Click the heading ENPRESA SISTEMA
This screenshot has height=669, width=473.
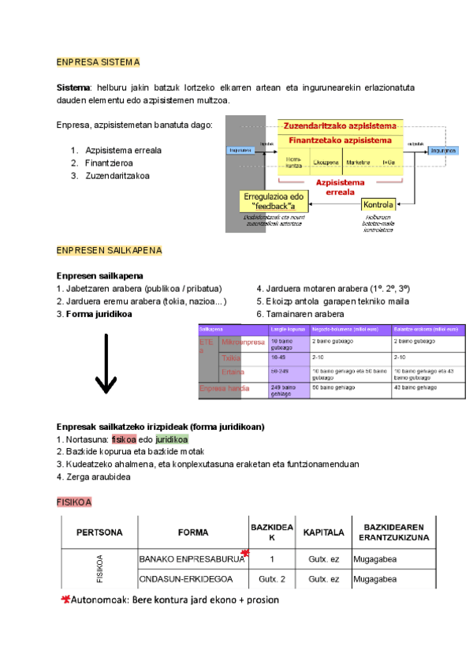(x=98, y=62)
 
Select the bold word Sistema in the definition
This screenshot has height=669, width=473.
(x=73, y=87)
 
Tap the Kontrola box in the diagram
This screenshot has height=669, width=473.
(x=378, y=205)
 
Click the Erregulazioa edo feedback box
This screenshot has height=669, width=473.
(x=274, y=200)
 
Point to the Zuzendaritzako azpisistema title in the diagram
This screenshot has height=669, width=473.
(x=340, y=126)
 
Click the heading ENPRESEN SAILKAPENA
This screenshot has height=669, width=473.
(x=109, y=251)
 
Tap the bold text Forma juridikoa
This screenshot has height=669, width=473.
(x=99, y=313)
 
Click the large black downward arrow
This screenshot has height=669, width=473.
(x=106, y=364)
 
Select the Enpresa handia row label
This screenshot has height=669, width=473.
(x=225, y=388)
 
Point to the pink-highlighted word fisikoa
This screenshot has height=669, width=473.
(x=124, y=439)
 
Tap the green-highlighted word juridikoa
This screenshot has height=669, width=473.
(x=172, y=439)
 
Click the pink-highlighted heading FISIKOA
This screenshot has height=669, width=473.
(x=75, y=501)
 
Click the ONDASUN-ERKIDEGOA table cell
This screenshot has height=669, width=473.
(x=185, y=580)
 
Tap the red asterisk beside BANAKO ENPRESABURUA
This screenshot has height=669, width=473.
(x=246, y=553)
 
